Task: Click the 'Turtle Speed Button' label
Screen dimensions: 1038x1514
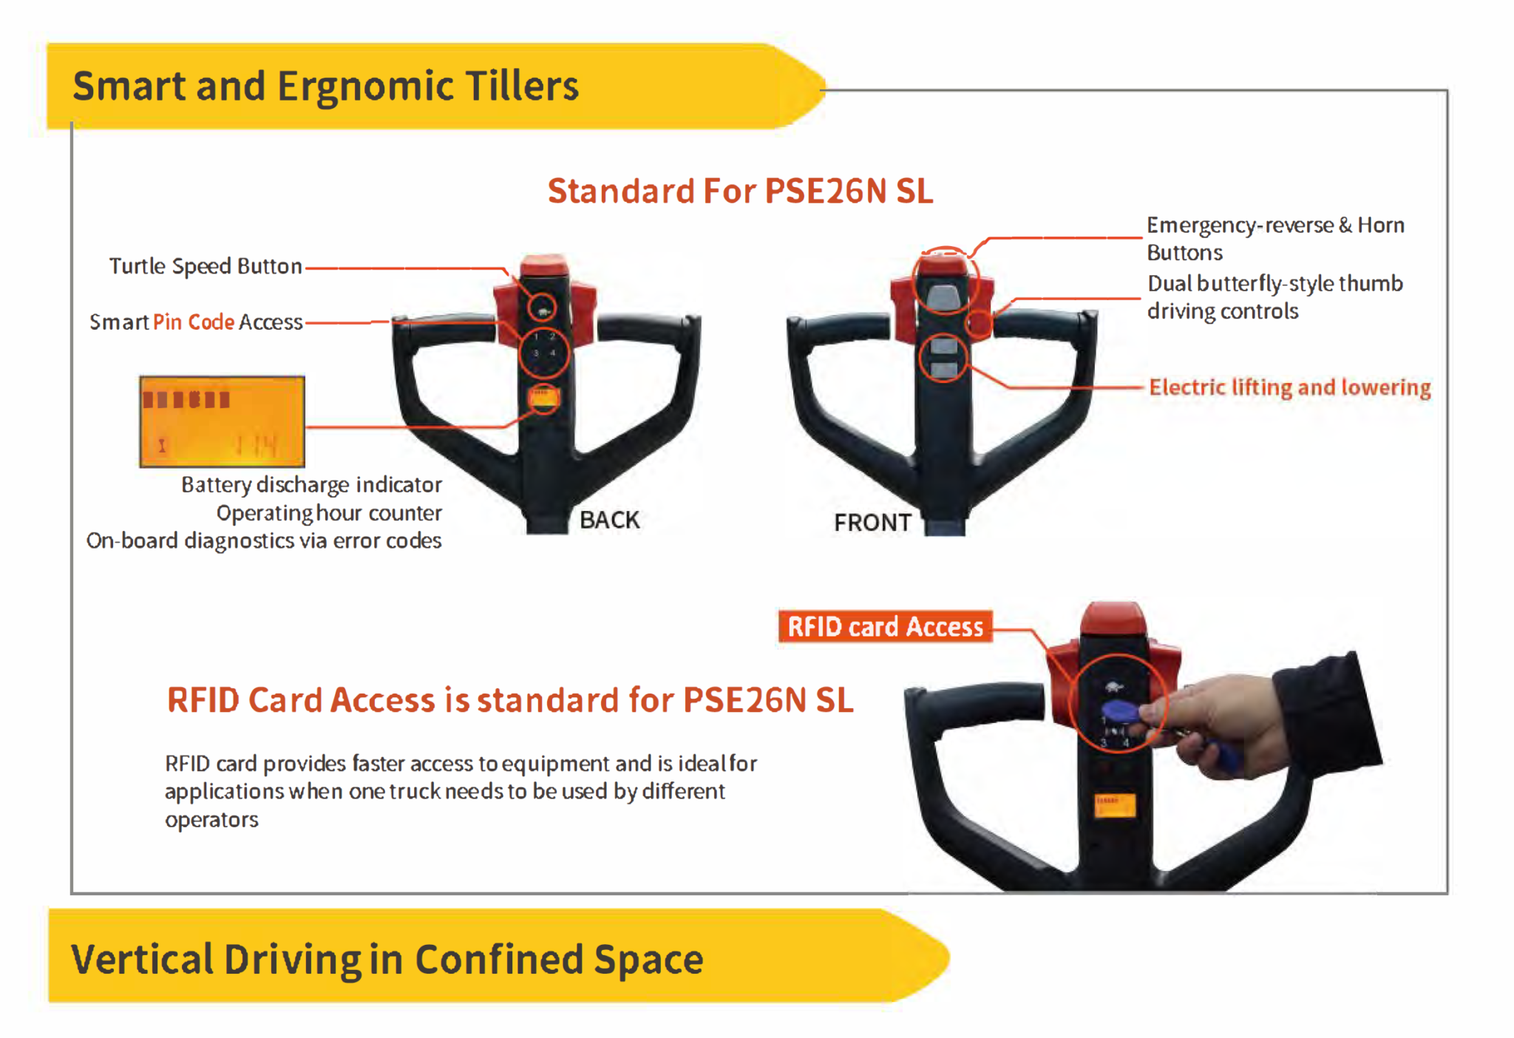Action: tap(205, 266)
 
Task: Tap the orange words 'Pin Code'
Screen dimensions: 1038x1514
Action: tap(193, 322)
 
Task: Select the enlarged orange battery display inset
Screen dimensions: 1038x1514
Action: tap(222, 421)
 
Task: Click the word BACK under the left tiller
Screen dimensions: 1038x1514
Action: tap(609, 520)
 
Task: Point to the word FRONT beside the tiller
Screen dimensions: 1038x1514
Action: tap(872, 523)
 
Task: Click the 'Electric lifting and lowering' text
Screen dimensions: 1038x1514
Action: tap(1289, 387)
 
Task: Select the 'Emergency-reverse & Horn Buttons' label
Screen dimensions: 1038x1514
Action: tap(1274, 238)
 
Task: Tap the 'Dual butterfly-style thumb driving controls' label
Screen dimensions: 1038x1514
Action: tap(1274, 297)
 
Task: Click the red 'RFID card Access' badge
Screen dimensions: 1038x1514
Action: tap(885, 627)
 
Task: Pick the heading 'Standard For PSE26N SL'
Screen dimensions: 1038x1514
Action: tap(740, 191)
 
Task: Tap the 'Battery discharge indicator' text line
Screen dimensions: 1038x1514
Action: tap(311, 485)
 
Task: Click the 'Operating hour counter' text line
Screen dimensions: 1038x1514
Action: tap(329, 513)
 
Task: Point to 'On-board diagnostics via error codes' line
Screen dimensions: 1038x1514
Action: tap(264, 541)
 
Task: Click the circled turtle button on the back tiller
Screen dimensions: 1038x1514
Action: tap(543, 309)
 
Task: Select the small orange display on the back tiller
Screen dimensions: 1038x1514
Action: tap(544, 398)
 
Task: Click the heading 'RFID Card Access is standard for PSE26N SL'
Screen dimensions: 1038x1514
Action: tap(510, 700)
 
